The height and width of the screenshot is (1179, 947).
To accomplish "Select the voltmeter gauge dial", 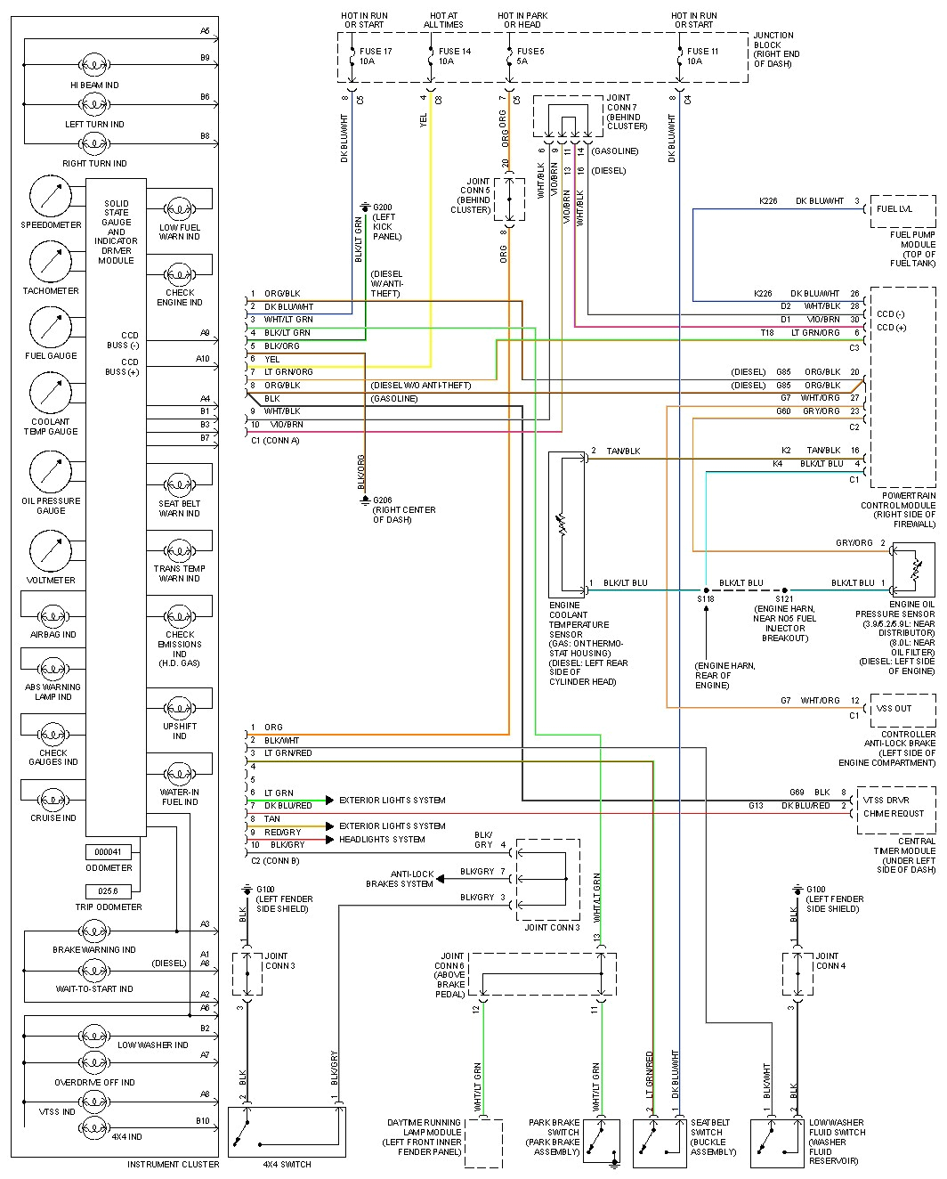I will click(51, 552).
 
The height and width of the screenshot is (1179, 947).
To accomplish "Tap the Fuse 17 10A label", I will click(376, 56).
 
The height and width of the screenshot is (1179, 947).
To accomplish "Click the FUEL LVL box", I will click(902, 210).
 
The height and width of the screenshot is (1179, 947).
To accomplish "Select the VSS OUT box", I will click(902, 709).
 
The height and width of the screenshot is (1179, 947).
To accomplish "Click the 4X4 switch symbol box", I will click(287, 1132).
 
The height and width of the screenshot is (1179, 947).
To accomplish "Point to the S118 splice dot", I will click(706, 589).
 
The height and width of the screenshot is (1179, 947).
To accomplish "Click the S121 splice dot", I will click(784, 589).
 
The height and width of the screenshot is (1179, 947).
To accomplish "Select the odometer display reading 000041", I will click(109, 852).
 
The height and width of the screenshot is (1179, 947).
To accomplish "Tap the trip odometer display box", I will click(109, 890).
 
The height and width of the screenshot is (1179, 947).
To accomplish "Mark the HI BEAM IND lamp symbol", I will click(94, 65).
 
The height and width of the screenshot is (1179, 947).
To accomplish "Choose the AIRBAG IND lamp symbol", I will click(53, 615).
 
